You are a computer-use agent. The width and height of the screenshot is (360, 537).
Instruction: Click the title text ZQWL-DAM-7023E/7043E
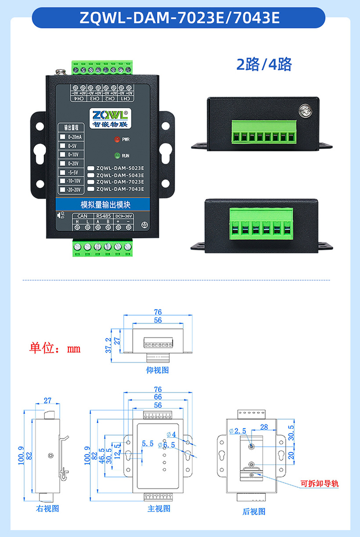point(180,18)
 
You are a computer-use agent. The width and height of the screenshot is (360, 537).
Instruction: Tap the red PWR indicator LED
point(117,140)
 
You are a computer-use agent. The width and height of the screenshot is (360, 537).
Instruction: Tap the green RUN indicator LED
point(117,155)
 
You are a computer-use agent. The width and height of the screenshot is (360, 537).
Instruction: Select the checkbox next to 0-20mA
point(62,136)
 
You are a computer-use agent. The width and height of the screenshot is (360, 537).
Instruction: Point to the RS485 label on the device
point(103,216)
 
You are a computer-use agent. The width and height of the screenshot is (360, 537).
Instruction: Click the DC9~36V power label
point(123,216)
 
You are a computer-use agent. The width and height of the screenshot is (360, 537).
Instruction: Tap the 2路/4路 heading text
point(264,64)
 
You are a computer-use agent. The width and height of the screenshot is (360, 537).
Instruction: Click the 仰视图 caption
point(157,370)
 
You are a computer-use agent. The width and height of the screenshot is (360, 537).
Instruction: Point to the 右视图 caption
point(47,508)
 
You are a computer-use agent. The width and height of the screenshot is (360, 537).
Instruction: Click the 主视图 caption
point(158,508)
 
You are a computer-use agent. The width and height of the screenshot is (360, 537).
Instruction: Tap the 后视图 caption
point(254,511)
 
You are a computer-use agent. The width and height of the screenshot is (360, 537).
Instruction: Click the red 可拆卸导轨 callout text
point(320,484)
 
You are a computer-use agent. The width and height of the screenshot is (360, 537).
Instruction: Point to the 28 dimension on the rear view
point(264,427)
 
